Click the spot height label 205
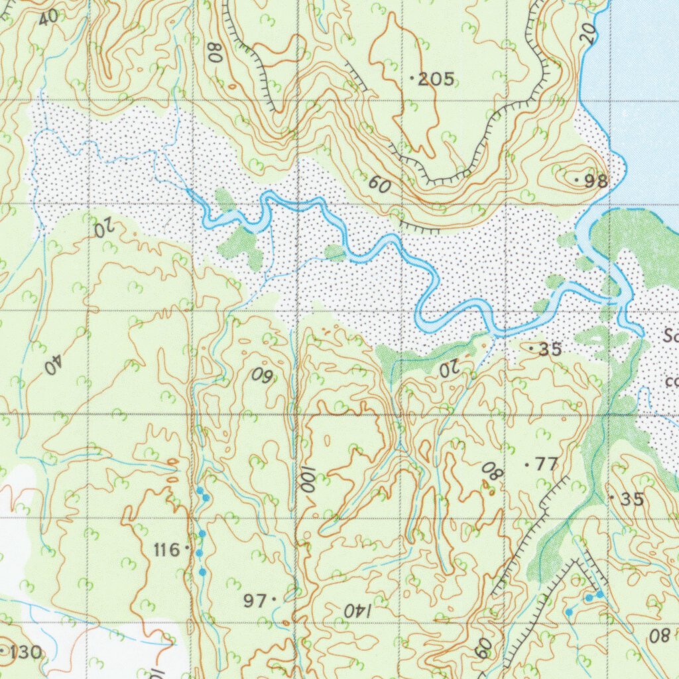pos(436,80)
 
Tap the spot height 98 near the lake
pos(594,181)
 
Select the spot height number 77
pos(546,465)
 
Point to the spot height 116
pos(166,549)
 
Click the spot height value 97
pos(255,601)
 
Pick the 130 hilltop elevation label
pos(25,652)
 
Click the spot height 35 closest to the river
pos(550,349)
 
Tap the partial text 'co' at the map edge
pos(671,382)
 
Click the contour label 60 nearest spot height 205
pos(379,186)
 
